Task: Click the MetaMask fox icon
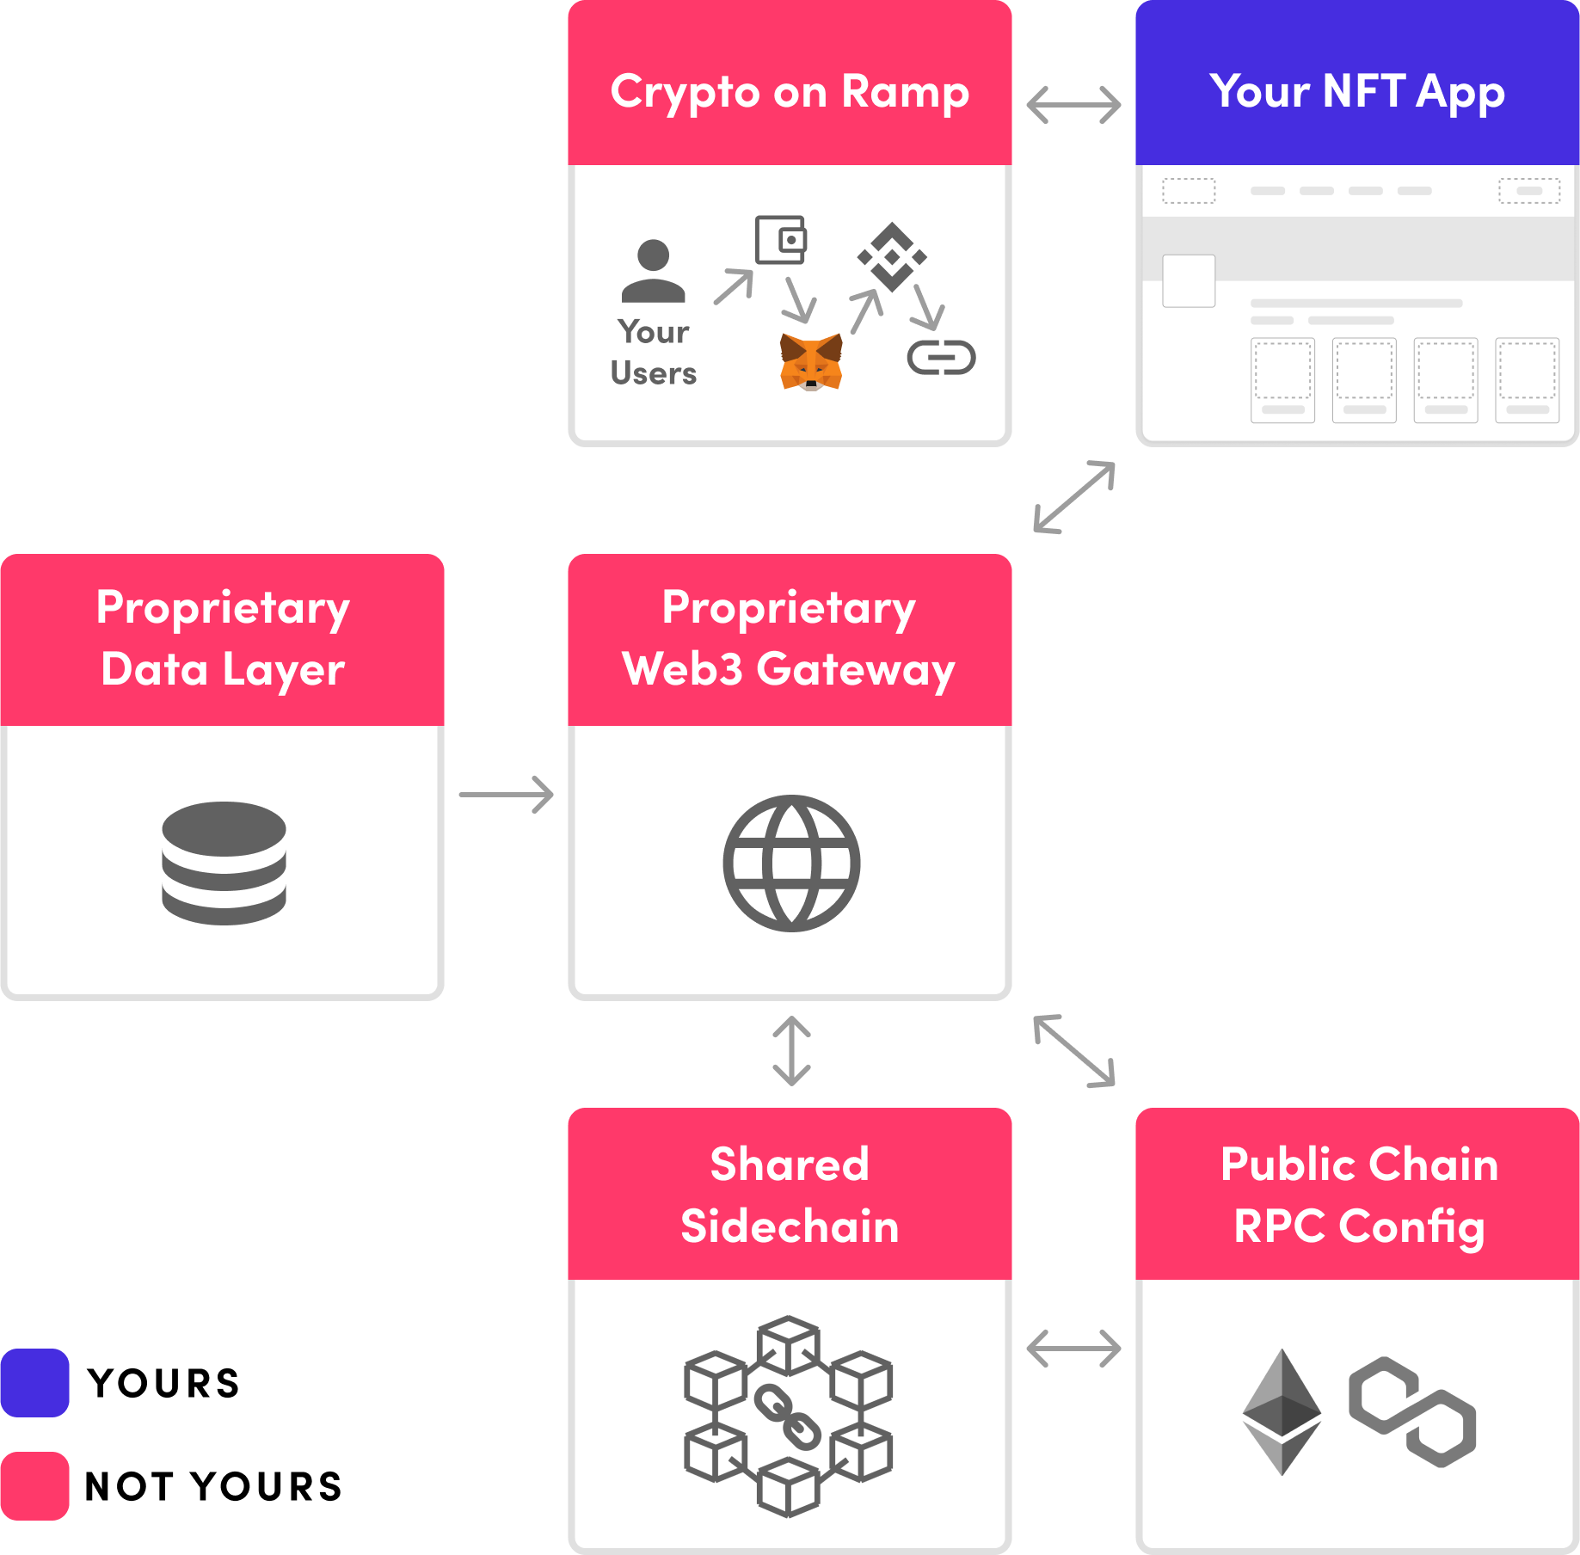point(810,362)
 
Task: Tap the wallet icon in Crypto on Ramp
point(781,239)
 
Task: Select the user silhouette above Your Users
point(654,271)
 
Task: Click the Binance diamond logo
point(892,256)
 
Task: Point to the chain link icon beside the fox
point(941,358)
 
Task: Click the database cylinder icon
point(224,863)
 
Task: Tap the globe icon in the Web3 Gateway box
point(791,863)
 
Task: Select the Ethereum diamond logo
point(1282,1411)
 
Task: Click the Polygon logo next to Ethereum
point(1412,1411)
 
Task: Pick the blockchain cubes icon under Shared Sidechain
point(789,1416)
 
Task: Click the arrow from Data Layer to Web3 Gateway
point(506,795)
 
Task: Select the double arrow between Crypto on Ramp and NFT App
point(1073,105)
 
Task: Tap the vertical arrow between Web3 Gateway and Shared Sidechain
point(791,1051)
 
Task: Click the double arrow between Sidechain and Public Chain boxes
point(1073,1348)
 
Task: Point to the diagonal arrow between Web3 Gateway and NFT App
point(1074,497)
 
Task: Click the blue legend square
point(35,1383)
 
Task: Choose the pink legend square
point(35,1486)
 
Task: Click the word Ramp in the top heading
point(905,92)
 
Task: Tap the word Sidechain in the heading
point(790,1226)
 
